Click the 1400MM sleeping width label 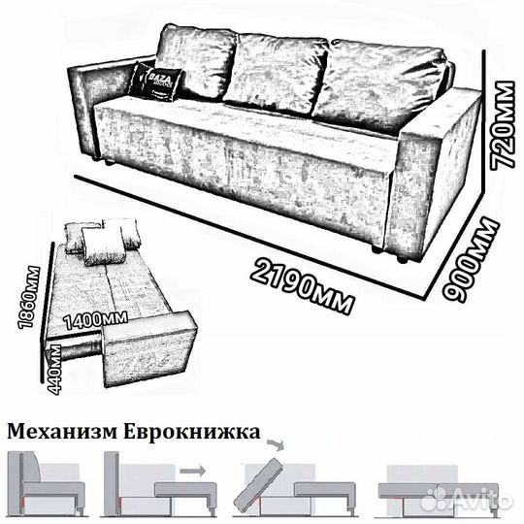click(93, 317)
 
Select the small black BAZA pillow click(156, 81)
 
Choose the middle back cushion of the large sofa click(276, 72)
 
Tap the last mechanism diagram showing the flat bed click(443, 491)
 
